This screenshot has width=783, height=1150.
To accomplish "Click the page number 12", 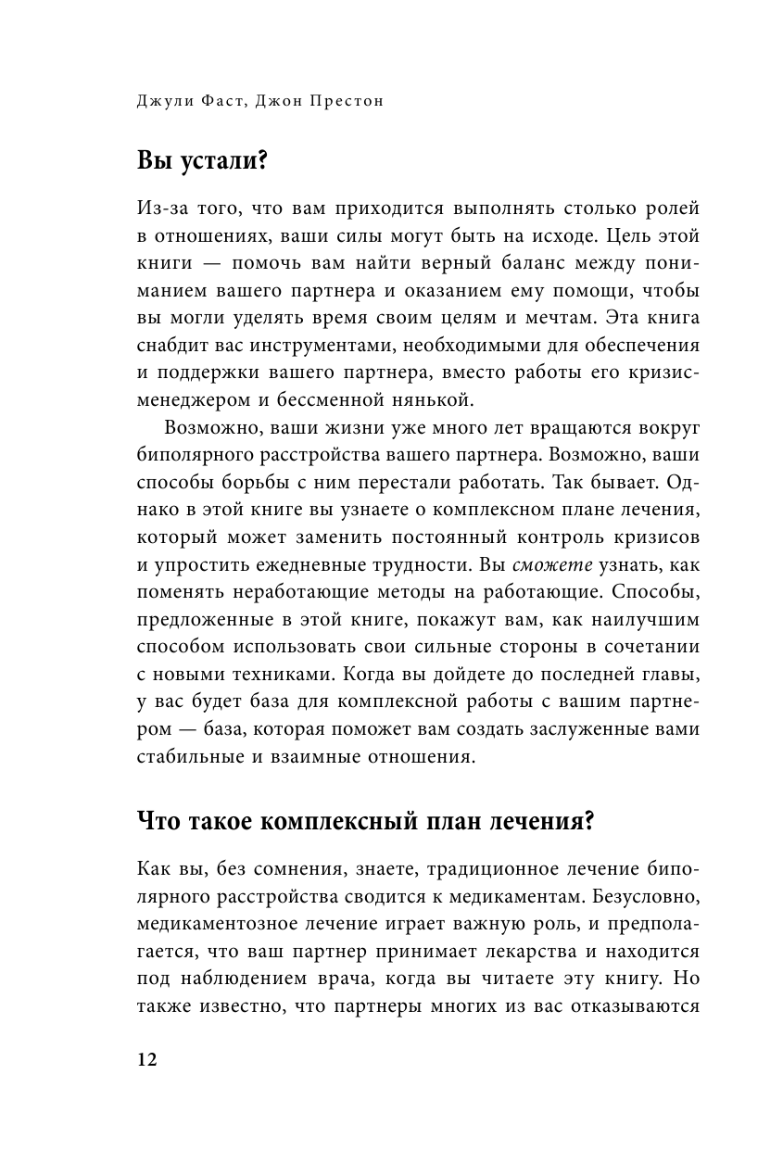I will [x=147, y=1060].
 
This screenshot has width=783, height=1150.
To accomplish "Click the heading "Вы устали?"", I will [x=202, y=161].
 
